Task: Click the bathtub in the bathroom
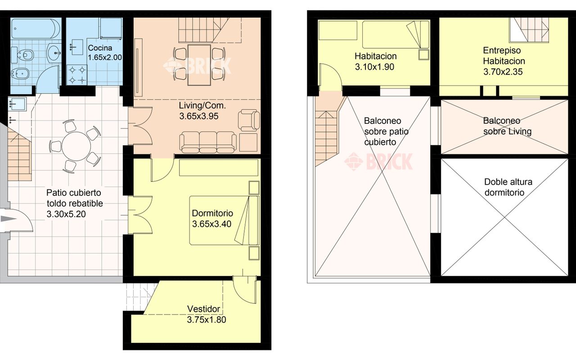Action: pyautogui.click(x=36, y=28)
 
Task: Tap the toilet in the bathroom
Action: pyautogui.click(x=23, y=55)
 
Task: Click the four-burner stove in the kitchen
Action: pyautogui.click(x=77, y=75)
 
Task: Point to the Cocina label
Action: pyautogui.click(x=100, y=48)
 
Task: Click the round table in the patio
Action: pyautogui.click(x=76, y=146)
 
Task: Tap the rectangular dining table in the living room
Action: pyautogui.click(x=199, y=65)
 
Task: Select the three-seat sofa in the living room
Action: pyautogui.click(x=208, y=142)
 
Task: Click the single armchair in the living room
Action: pyautogui.click(x=249, y=120)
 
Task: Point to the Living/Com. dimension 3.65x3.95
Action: pyautogui.click(x=199, y=116)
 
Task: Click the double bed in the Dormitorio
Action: pyautogui.click(x=224, y=220)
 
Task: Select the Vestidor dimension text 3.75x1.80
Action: pyautogui.click(x=207, y=319)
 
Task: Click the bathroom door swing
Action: pyautogui.click(x=48, y=77)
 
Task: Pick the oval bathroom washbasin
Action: pyautogui.click(x=54, y=53)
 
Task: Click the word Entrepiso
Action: pyautogui.click(x=502, y=50)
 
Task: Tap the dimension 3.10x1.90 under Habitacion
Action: pyautogui.click(x=374, y=67)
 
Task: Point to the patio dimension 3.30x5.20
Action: pyautogui.click(x=66, y=214)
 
